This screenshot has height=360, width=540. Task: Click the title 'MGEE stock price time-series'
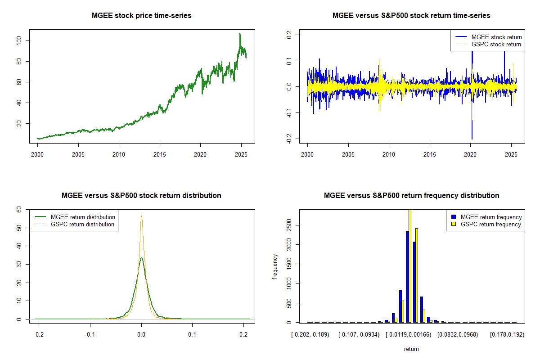141,16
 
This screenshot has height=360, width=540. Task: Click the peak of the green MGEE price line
240,34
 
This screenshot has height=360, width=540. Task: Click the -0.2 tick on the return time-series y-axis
289,139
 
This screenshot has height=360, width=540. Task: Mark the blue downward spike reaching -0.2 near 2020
472,137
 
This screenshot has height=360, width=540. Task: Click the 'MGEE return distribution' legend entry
83,217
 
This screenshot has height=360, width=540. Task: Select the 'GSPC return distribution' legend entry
82,224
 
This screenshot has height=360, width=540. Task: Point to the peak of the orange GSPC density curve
141,216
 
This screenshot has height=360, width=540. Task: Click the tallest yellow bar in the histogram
410,265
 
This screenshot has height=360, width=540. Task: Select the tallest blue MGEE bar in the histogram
407,277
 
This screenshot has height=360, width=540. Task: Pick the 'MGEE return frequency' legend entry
491,217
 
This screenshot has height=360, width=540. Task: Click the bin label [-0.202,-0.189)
311,334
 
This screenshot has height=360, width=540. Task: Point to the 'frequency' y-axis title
275,267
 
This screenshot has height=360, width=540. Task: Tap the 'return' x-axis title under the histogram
411,349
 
